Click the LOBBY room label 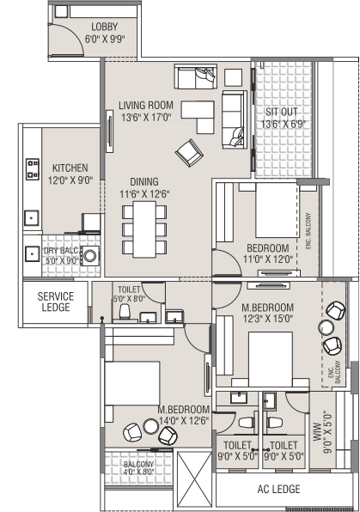pos(104,27)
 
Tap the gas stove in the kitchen pos(33,169)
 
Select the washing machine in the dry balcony pos(90,254)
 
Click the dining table pos(144,229)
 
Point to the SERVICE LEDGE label pos(56,302)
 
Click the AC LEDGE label pos(278,489)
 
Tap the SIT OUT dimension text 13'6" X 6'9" pos(283,124)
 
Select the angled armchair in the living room pos(189,153)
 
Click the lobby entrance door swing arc pos(76,35)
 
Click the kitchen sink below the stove pos(32,218)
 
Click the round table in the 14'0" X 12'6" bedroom pos(151,426)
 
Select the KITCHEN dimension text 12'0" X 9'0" pos(70,180)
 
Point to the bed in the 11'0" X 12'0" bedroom pos(277,210)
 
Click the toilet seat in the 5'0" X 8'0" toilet pos(125,312)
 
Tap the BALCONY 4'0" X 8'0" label pos(138,468)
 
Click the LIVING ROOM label pos(146,105)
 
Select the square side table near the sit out pos(233,77)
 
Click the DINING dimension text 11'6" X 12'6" pos(144,194)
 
